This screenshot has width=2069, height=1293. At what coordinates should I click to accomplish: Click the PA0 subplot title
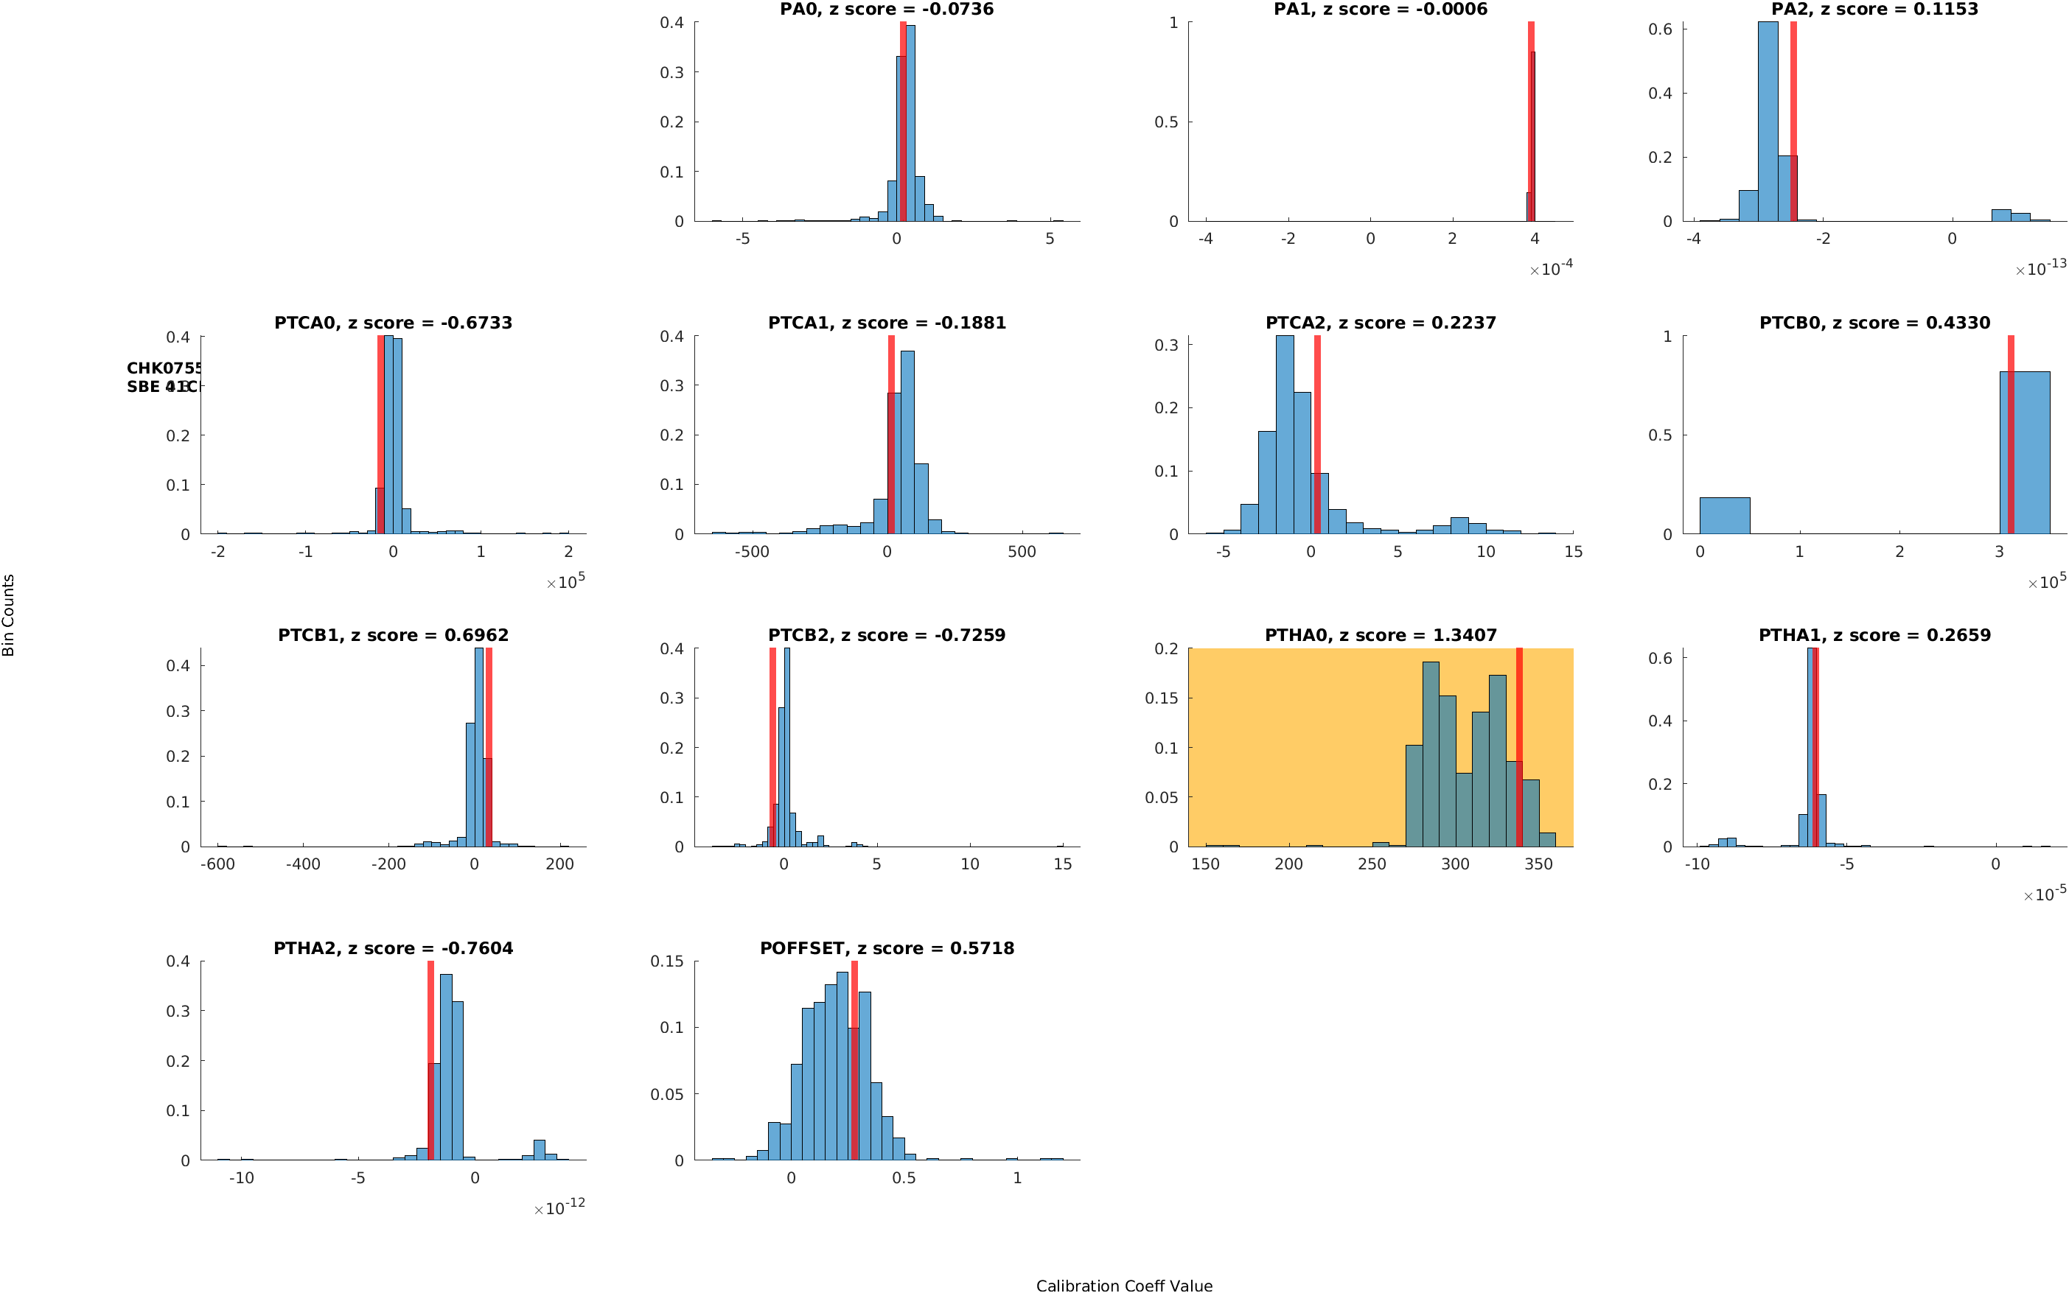[x=886, y=10]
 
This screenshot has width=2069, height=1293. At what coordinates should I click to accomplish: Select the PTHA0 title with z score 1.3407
[x=1381, y=635]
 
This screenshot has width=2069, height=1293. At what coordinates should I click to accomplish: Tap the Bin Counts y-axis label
[x=9, y=615]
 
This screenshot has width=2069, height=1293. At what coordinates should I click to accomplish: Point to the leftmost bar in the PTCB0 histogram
[x=1724, y=516]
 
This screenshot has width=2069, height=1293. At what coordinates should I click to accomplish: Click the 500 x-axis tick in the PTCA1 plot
[x=1022, y=553]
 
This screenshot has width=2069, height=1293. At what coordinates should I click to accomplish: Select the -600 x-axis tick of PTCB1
[x=217, y=864]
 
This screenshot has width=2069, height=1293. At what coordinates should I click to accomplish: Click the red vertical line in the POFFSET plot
[x=854, y=1060]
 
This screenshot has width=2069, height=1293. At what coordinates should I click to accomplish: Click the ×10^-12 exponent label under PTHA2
[x=559, y=1208]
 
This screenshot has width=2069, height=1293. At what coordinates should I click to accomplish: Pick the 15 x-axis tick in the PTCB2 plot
[x=1062, y=864]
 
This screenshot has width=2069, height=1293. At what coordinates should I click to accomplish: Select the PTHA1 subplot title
[x=1874, y=635]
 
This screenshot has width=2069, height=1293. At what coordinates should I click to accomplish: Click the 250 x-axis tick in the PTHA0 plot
[x=1372, y=864]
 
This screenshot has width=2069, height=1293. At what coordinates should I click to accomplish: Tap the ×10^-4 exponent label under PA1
[x=1551, y=270]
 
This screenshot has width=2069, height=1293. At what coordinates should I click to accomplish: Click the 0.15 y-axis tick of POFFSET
[x=667, y=961]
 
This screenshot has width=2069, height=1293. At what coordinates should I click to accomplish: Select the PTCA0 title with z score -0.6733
[x=393, y=323]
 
